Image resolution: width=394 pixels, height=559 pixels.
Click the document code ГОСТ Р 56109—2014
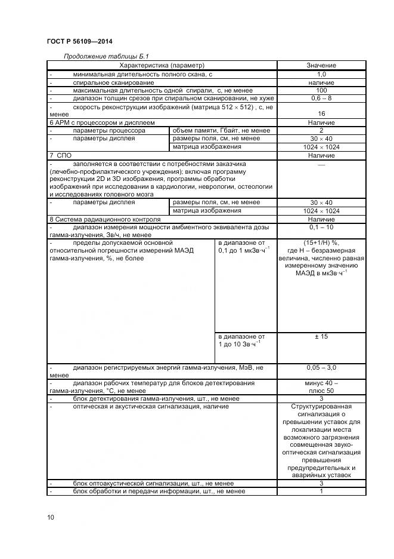(79, 41)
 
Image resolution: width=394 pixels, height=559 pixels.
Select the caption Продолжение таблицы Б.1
(106, 56)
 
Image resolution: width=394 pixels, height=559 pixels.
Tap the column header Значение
(321, 65)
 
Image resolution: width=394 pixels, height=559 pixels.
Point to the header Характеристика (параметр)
(162, 65)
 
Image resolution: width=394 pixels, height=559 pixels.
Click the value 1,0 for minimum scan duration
(321, 74)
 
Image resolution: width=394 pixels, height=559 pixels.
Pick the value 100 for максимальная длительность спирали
(321, 90)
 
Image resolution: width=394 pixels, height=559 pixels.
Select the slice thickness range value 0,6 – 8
(321, 98)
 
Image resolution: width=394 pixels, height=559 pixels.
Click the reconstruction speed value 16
(321, 113)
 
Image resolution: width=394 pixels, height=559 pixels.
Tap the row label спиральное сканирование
(114, 82)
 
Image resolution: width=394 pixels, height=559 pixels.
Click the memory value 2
(321, 130)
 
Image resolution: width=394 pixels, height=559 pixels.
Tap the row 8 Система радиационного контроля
(102, 219)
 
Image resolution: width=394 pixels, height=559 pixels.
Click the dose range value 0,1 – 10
(321, 228)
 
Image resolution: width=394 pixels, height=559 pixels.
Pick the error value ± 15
(321, 337)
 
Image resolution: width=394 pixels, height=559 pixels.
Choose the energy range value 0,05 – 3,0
(321, 367)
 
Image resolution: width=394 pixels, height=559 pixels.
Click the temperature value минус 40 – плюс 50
(321, 387)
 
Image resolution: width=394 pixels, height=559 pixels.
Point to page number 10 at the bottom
(50, 517)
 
